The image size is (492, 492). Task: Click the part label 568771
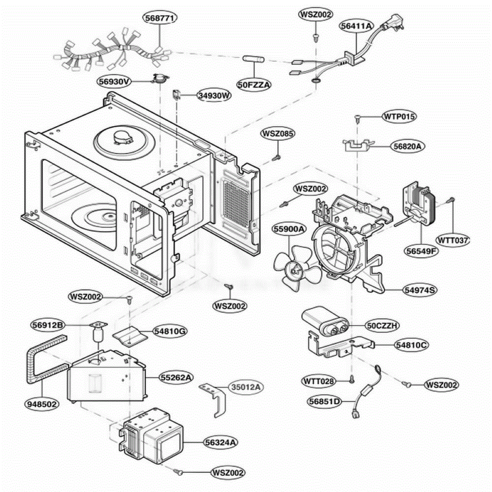[160, 18]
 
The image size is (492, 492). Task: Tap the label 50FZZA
[254, 85]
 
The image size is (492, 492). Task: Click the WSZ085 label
[278, 134]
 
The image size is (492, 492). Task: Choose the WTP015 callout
[399, 117]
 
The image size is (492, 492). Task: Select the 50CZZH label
[382, 326]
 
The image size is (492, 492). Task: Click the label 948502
[42, 404]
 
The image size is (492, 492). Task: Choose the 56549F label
[421, 251]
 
